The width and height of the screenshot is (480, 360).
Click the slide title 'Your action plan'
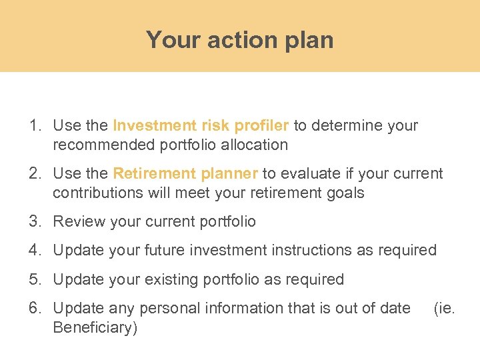point(239,40)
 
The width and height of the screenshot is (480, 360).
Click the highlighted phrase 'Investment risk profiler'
point(201,125)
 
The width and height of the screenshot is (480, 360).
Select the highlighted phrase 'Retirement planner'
point(185,174)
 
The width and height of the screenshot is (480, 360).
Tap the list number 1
point(34,125)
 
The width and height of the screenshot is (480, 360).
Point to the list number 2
point(34,174)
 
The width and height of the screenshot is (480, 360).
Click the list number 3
point(34,221)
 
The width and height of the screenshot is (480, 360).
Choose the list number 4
point(34,250)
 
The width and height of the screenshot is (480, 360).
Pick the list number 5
point(34,279)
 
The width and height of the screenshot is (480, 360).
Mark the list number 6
point(34,308)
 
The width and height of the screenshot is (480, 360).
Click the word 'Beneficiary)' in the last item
point(95,328)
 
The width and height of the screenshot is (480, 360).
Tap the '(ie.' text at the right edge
point(444,308)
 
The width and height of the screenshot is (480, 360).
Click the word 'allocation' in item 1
point(256,145)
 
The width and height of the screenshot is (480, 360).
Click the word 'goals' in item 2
point(345,193)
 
